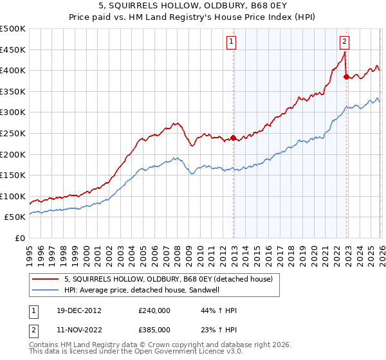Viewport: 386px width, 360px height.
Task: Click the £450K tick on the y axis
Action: click(13, 50)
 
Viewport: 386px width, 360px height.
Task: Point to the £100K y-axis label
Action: click(13, 196)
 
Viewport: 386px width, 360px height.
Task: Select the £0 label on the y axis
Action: click(21, 238)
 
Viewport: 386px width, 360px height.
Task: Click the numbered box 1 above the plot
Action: click(231, 42)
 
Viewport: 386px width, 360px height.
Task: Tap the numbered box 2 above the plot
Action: click(344, 42)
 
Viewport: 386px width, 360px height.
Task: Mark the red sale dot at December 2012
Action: click(234, 137)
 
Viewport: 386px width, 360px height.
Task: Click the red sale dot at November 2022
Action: click(346, 76)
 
